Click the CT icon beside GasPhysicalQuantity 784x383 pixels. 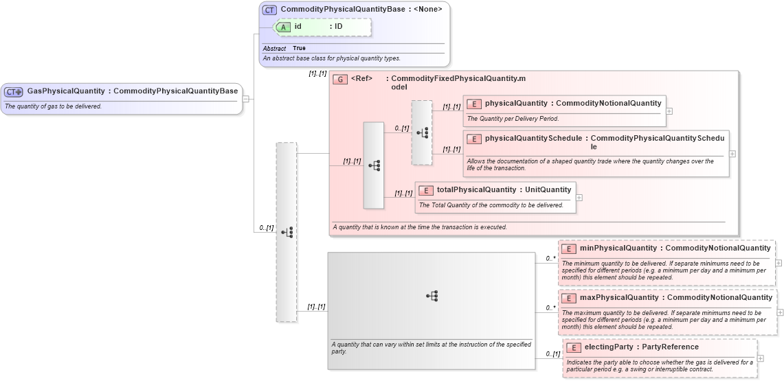pyautogui.click(x=14, y=91)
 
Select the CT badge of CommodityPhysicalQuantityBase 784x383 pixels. pyautogui.click(x=270, y=10)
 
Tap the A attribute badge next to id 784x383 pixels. pyautogui.click(x=282, y=27)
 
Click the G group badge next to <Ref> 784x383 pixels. pyautogui.click(x=339, y=79)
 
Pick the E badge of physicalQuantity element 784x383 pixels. pyautogui.click(x=474, y=104)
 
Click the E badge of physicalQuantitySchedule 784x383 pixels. pyautogui.click(x=474, y=139)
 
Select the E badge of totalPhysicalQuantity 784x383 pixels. pyautogui.click(x=426, y=190)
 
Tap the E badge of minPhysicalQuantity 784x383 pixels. pyautogui.click(x=569, y=248)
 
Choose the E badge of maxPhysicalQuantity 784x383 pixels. pyautogui.click(x=569, y=298)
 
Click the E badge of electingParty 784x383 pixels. pyautogui.click(x=573, y=347)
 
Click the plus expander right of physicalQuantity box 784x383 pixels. pyautogui.click(x=669, y=111)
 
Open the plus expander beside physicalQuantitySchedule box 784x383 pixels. pyautogui.click(x=732, y=154)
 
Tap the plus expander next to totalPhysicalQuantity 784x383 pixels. pyautogui.click(x=579, y=197)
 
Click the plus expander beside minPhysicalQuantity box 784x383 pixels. pyautogui.click(x=779, y=262)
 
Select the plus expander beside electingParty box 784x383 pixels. pyautogui.click(x=761, y=358)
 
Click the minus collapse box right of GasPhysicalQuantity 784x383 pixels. pyautogui.click(x=245, y=99)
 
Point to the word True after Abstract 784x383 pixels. pyautogui.click(x=299, y=49)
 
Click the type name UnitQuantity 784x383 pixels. pyautogui.click(x=548, y=190)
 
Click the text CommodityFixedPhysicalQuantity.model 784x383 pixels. pyautogui.click(x=458, y=79)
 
